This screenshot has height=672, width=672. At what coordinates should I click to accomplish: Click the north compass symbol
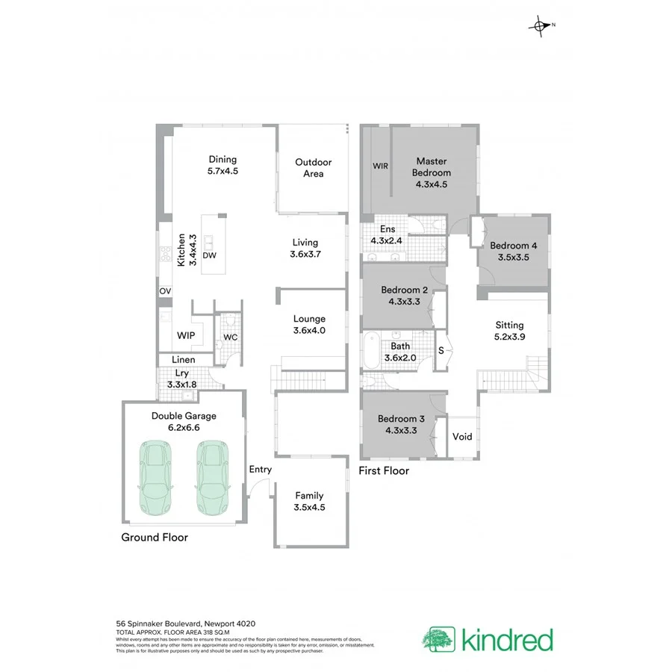click(539, 27)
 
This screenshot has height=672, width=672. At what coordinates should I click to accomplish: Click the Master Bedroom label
click(431, 167)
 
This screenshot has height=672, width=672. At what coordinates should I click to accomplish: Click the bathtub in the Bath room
click(372, 352)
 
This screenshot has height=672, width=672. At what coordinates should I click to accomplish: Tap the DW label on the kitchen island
click(210, 255)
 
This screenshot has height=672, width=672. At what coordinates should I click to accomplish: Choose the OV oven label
click(164, 291)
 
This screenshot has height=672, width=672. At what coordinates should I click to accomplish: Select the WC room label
click(231, 337)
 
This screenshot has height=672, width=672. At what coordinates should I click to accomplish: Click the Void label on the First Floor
click(462, 437)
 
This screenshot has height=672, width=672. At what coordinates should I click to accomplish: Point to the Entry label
click(261, 470)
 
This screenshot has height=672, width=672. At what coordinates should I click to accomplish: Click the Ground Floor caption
click(155, 537)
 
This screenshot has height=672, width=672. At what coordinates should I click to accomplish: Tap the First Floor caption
click(384, 470)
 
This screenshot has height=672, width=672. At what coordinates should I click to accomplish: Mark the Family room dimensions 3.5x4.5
click(309, 507)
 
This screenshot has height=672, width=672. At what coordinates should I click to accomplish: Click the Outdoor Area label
click(313, 168)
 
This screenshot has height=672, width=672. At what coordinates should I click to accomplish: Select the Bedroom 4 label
click(513, 246)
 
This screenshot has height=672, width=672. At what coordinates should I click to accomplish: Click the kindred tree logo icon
click(438, 640)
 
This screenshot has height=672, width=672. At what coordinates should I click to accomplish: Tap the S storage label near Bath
click(441, 350)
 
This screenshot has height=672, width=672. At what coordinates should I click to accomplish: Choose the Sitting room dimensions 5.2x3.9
click(509, 337)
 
